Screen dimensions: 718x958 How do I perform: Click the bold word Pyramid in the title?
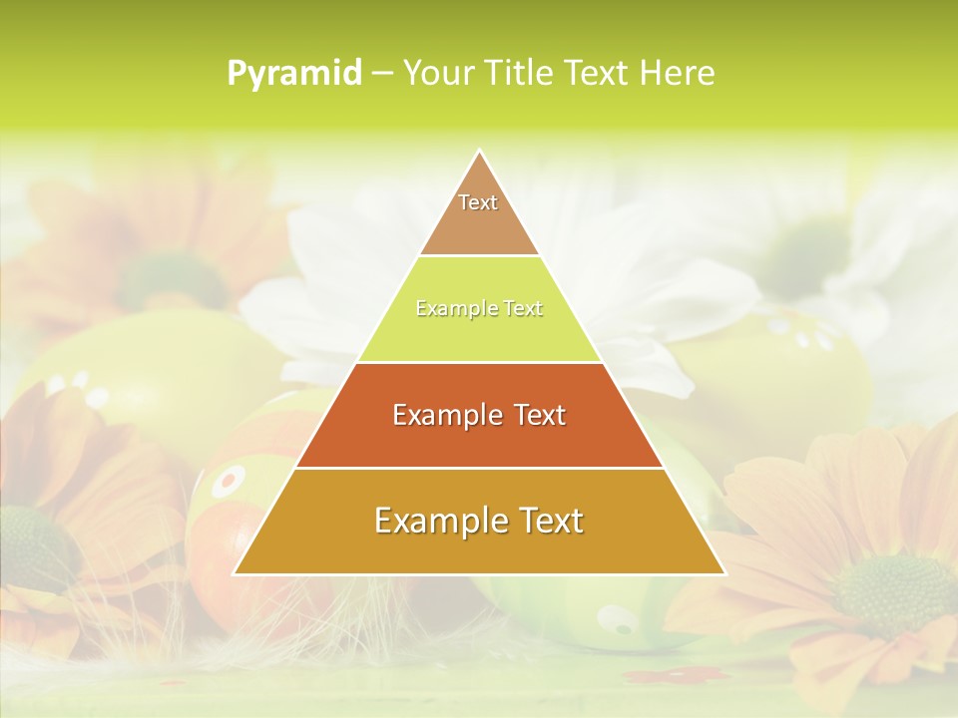(x=294, y=74)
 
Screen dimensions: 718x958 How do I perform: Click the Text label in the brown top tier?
(x=478, y=202)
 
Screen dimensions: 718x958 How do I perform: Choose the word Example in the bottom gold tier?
(x=434, y=521)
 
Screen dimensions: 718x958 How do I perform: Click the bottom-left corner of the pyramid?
(x=235, y=573)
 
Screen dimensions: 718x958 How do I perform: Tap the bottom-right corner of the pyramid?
(x=724, y=573)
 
